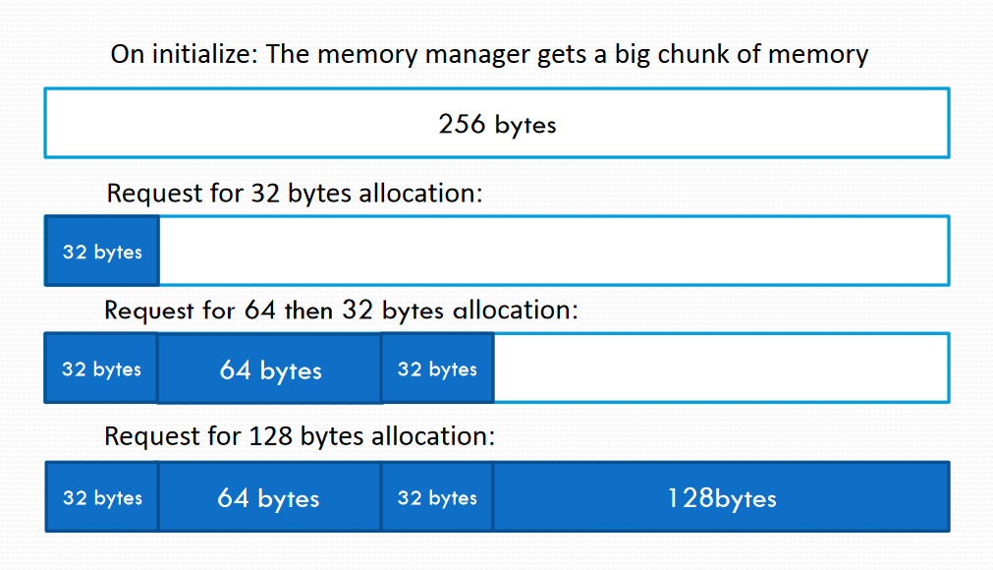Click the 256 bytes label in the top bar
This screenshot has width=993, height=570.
pos(497,124)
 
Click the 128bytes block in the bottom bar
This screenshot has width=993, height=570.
pos(721,497)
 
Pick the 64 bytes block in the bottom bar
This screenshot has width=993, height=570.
pos(269,497)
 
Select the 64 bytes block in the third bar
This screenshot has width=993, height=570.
pos(269,368)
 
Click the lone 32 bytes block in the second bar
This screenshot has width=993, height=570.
pos(102,251)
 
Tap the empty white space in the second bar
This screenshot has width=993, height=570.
pos(554,251)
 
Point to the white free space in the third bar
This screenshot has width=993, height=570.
pos(721,368)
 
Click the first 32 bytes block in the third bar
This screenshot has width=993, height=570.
pos(101,368)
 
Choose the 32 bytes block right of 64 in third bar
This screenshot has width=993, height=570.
pos(438,368)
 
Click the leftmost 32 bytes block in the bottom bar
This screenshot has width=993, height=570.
pos(102,497)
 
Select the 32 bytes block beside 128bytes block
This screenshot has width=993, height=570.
pos(437,497)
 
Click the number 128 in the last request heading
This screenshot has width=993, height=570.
pos(270,436)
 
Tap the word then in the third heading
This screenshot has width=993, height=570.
pos(308,311)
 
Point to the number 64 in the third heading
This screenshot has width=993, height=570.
pos(260,311)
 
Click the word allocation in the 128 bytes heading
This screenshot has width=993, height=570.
pos(432,436)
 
